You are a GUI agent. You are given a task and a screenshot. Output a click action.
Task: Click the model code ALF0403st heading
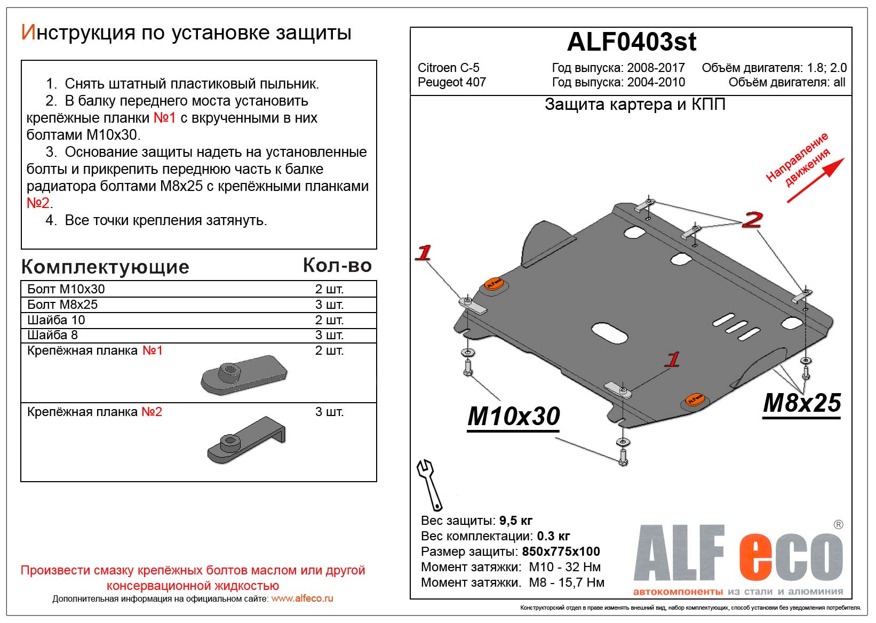coord(631,42)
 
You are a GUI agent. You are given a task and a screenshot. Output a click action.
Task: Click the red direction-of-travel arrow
coord(816,180)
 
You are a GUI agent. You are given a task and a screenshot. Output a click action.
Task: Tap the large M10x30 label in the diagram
coord(514,416)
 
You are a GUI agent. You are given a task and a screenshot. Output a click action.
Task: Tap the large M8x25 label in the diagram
coord(802,403)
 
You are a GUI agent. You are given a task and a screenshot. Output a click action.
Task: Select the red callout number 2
coord(752,219)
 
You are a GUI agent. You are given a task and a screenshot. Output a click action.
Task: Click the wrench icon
coord(429,485)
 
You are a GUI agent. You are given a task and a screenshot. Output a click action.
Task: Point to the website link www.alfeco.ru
coord(302,598)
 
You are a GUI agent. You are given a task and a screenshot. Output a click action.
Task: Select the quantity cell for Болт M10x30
coord(329,289)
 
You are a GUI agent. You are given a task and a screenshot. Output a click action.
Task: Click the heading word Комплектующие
coord(105,267)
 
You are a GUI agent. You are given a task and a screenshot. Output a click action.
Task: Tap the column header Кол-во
coord(337,265)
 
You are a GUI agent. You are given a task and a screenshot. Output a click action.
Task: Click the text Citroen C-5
coord(448,68)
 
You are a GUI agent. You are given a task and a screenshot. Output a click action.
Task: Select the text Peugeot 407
coord(451,82)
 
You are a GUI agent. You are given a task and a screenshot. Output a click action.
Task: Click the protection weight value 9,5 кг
coord(515,521)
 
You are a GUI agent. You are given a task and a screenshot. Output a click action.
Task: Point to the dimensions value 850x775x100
coord(561,552)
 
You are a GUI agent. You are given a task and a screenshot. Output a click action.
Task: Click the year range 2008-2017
coord(656,68)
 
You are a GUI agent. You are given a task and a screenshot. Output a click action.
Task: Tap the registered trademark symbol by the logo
coord(838,524)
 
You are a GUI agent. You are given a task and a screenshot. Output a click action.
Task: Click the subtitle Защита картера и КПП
coord(635,105)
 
